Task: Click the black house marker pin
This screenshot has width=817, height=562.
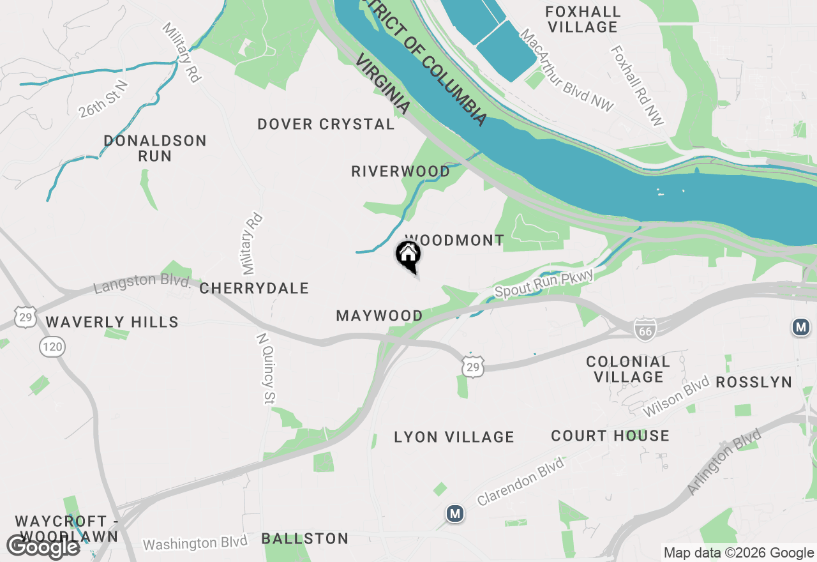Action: coord(408,256)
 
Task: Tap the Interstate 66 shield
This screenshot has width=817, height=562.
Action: coord(645,330)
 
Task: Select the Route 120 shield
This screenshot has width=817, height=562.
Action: coord(52,347)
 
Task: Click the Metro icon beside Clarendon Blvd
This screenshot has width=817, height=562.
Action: coord(454,513)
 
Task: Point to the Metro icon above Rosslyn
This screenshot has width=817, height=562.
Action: coord(800,328)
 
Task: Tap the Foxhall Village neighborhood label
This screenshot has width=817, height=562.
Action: coord(583,19)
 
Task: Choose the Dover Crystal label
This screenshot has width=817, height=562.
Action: coord(326,124)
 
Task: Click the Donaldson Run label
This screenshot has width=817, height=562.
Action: coord(155,148)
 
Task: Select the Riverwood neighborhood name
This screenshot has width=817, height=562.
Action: coord(400,171)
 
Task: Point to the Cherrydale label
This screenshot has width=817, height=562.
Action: coord(254,288)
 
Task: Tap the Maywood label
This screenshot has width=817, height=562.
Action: coord(379,315)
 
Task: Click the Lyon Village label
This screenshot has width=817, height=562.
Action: coord(454,437)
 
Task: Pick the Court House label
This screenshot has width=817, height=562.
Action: coord(610,436)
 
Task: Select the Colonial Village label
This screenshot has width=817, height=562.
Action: coord(628,369)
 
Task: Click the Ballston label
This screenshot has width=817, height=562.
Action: coord(305,538)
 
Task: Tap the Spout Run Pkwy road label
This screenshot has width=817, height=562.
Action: coord(544,283)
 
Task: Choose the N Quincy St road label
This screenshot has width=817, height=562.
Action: coord(266,368)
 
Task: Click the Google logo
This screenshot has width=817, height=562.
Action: coord(43,547)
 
